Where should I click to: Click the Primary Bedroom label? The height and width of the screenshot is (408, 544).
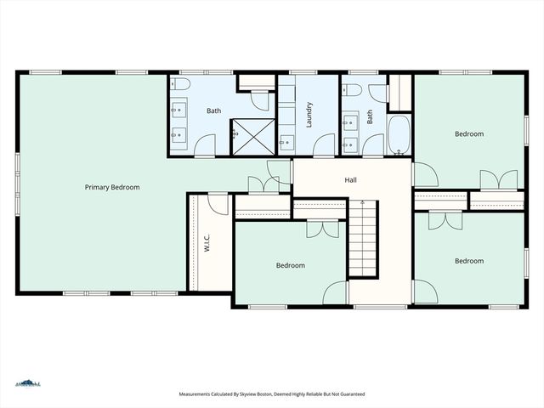tap(112, 187)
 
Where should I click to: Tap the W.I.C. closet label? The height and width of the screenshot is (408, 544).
tap(207, 244)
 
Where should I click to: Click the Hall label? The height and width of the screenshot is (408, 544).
tap(350, 180)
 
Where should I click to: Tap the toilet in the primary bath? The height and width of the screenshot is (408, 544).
tap(181, 85)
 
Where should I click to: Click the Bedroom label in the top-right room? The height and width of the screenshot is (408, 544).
tap(468, 133)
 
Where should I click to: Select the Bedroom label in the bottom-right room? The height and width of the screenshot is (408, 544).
tap(468, 261)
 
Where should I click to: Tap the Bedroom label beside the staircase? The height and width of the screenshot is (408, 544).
tap(290, 265)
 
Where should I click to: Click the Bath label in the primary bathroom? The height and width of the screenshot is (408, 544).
tap(214, 110)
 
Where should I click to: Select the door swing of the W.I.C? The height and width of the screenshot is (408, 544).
tap(218, 204)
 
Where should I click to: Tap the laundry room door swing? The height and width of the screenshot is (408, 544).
tap(324, 145)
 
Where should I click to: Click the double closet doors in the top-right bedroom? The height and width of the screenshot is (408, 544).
tap(498, 180)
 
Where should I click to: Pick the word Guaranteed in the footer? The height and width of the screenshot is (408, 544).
tap(348, 394)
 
